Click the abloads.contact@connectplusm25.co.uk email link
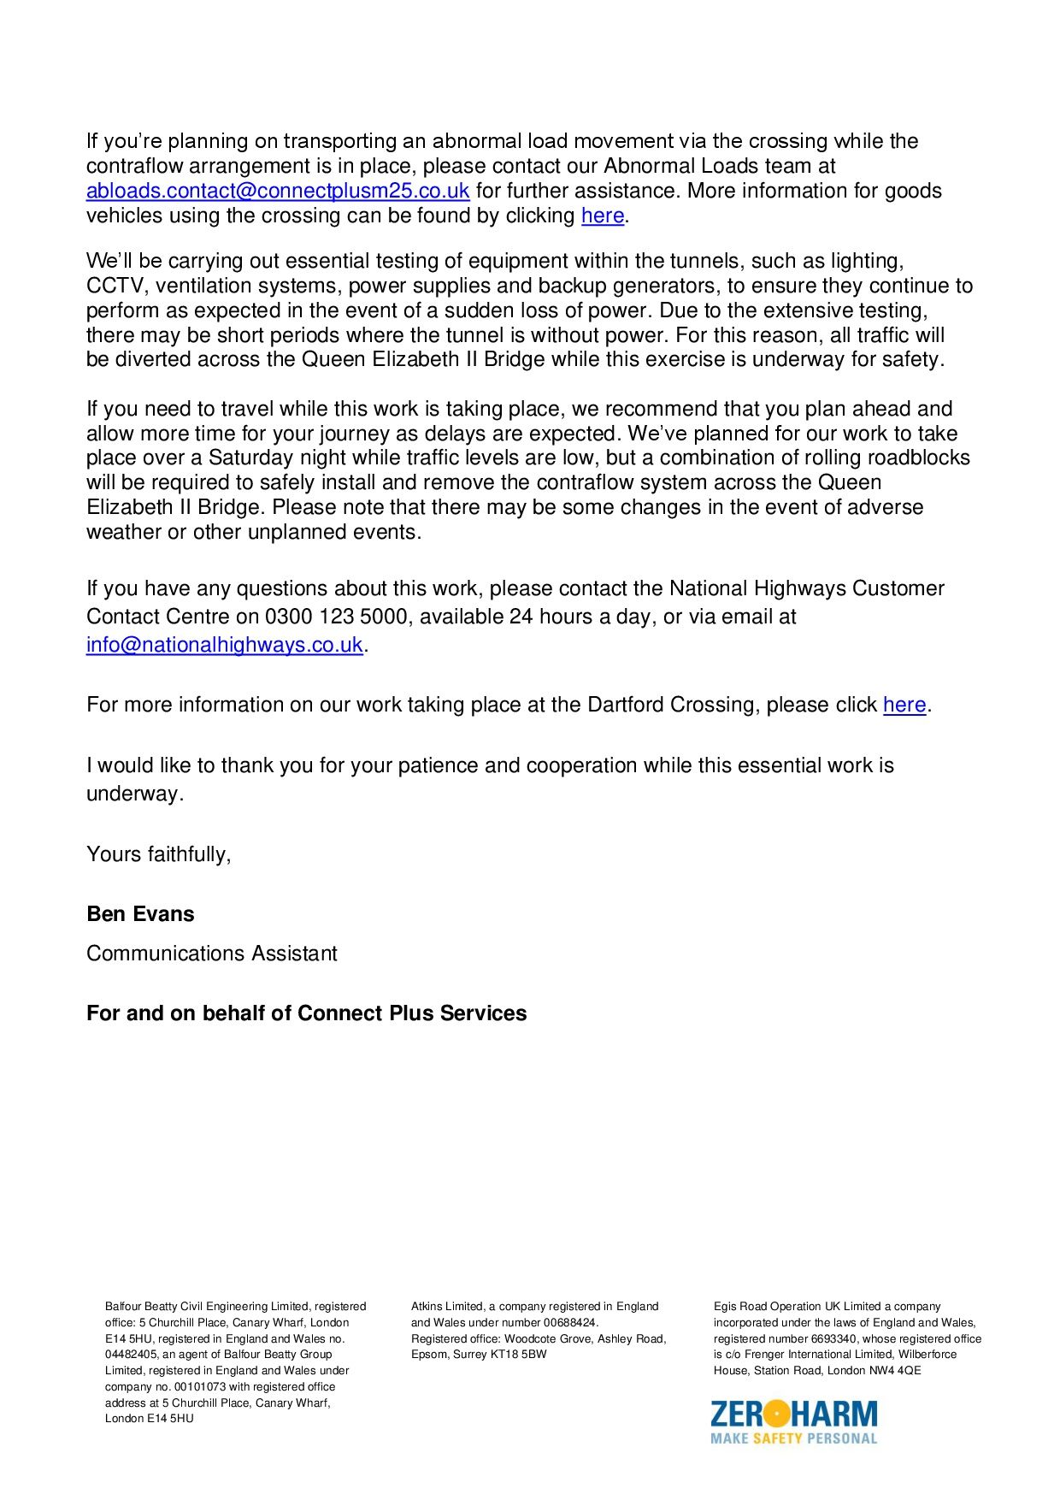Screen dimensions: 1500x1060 (x=278, y=191)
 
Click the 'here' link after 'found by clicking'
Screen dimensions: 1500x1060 (x=603, y=216)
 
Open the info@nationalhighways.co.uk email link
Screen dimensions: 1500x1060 (x=225, y=645)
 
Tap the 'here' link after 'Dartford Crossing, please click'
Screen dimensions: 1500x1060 (x=904, y=705)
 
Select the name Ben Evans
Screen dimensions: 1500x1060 (x=140, y=914)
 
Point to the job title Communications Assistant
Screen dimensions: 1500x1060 (x=212, y=954)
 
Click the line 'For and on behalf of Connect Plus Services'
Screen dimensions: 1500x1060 (x=306, y=1013)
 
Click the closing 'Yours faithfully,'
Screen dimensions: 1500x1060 (x=159, y=854)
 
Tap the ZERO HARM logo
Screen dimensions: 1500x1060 (x=794, y=1414)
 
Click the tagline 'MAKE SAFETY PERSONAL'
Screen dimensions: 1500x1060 (x=794, y=1438)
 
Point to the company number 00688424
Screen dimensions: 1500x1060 (x=569, y=1323)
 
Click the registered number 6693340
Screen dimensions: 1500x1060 (x=834, y=1339)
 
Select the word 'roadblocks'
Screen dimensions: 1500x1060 (x=918, y=458)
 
